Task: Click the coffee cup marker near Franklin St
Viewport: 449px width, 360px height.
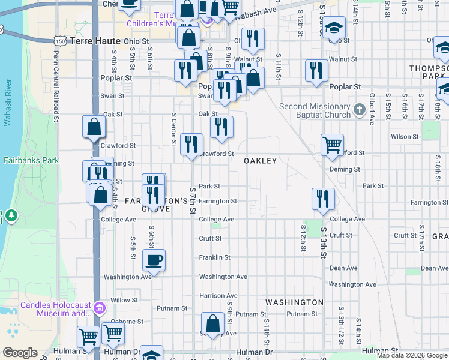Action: (x=154, y=260)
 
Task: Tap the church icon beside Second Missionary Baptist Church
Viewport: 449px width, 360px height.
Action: (x=360, y=110)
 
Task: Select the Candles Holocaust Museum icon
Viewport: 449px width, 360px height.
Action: (x=100, y=309)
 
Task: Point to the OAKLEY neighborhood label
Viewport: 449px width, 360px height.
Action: (x=260, y=161)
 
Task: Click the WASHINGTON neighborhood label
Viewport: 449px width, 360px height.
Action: (x=294, y=302)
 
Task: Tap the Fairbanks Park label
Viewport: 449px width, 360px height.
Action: (x=31, y=160)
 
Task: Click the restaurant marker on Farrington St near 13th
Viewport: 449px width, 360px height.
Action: (x=323, y=199)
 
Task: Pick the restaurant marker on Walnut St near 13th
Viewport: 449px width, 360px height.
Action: (x=316, y=71)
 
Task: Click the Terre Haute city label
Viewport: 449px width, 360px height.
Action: (x=95, y=41)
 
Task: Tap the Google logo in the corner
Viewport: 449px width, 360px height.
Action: (x=20, y=353)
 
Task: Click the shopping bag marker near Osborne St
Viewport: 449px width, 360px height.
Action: (x=212, y=323)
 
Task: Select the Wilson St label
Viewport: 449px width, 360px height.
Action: (x=404, y=137)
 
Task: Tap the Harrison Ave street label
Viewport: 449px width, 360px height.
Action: (x=218, y=296)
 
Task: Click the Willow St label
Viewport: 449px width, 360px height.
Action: (x=124, y=300)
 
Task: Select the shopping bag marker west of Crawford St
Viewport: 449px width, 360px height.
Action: (x=94, y=127)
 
